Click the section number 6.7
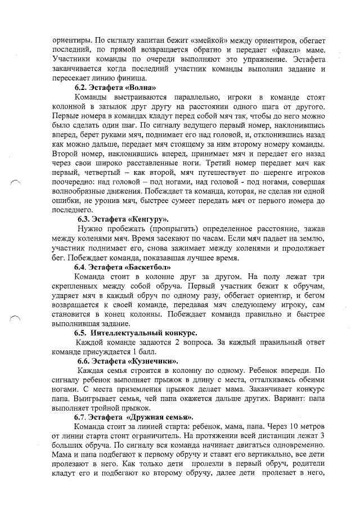(x=82, y=417)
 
